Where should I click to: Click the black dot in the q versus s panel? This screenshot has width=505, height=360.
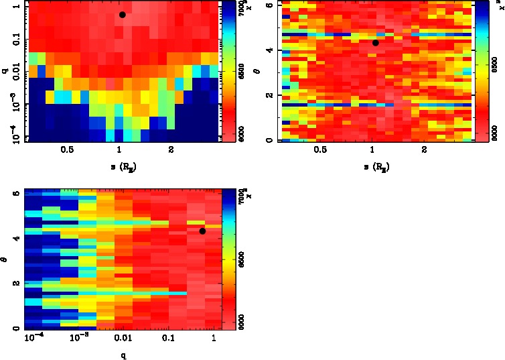click(x=122, y=15)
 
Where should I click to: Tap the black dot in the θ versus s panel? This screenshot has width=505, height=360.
click(x=376, y=43)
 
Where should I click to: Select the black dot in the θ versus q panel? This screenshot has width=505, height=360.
click(x=202, y=231)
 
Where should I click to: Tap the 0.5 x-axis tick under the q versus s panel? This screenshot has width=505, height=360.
click(x=67, y=150)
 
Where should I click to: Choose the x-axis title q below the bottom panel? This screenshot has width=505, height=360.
click(x=123, y=356)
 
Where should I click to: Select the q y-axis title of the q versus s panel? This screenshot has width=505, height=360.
click(x=5, y=70)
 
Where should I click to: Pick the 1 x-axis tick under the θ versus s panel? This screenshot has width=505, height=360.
click(x=372, y=150)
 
